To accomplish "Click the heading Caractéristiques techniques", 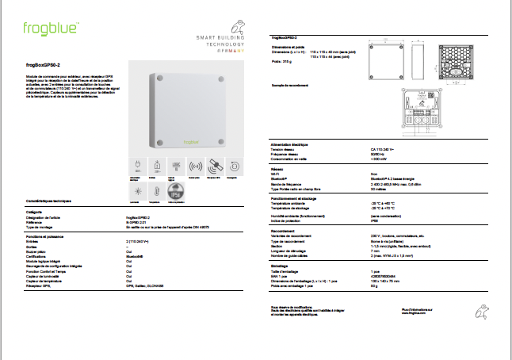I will click(x=49, y=203).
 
